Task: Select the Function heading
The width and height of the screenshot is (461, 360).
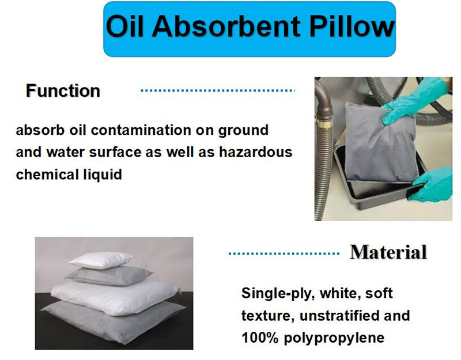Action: [63, 91]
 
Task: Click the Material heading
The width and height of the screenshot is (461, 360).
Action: [388, 252]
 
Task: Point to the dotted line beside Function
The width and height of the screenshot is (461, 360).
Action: [218, 91]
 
